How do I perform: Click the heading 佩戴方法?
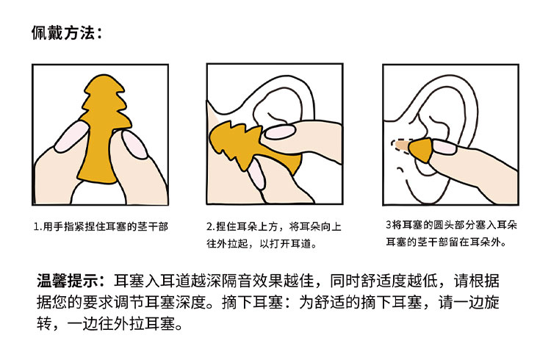(x=62, y=33)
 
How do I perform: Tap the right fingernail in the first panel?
(x=134, y=144)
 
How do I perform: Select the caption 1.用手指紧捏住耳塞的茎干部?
(x=101, y=226)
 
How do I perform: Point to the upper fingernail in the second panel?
(x=280, y=132)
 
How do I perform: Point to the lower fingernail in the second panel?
(x=256, y=173)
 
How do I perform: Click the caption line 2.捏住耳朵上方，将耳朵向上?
(x=274, y=226)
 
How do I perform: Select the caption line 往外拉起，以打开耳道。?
(x=262, y=244)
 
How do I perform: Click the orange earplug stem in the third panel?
(x=420, y=151)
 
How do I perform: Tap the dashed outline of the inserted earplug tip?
(x=400, y=147)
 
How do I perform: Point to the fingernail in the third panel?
(x=444, y=147)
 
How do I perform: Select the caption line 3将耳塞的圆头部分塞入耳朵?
(x=452, y=225)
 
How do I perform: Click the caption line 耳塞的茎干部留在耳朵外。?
(x=446, y=242)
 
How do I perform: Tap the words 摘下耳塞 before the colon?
(x=252, y=302)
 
